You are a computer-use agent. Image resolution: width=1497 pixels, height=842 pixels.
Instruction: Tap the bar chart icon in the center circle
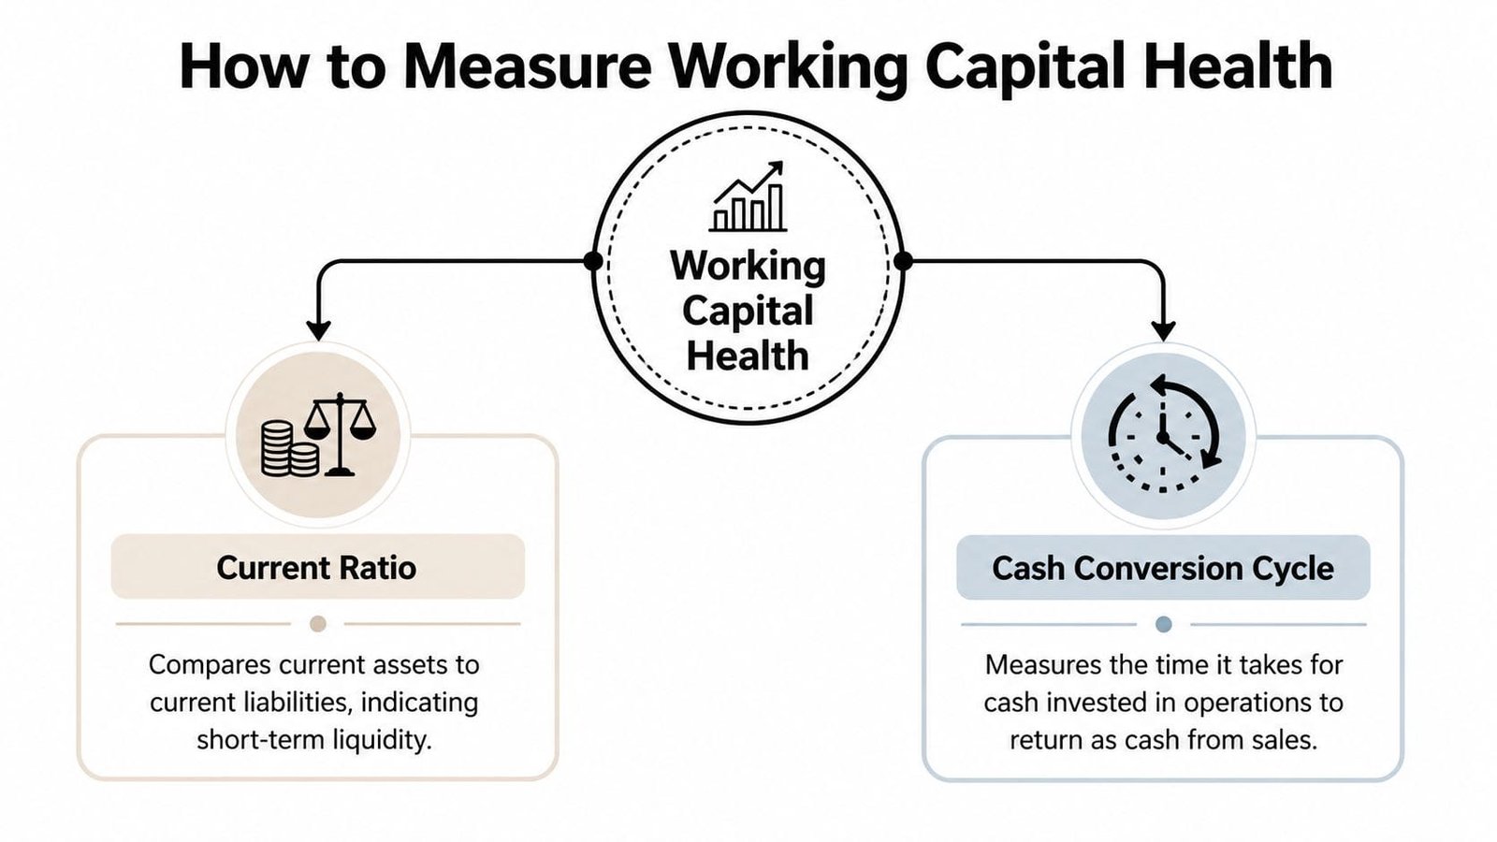coord(748,198)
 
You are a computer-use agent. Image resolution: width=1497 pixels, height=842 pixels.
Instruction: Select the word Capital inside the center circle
coord(748,312)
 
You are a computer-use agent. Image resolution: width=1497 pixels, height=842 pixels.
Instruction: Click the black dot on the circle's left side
coord(593,261)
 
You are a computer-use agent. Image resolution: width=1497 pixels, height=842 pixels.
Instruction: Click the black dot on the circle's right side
coord(903,261)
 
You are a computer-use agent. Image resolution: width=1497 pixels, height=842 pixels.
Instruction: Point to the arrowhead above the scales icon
coord(318,330)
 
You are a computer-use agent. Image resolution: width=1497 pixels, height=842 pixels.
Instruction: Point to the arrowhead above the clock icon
coord(1163,330)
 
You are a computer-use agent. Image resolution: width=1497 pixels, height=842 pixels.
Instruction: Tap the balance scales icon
coord(340,433)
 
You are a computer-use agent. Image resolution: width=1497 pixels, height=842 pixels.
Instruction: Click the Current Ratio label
coord(316,568)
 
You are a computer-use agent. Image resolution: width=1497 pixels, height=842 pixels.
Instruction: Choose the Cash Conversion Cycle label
coord(1163,568)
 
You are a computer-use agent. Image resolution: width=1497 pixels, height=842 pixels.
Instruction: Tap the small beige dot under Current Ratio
coord(318,624)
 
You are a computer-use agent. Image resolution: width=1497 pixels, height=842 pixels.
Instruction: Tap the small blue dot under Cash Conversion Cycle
coord(1163,624)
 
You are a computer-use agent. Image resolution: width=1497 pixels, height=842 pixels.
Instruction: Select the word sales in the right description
coord(1286,740)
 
